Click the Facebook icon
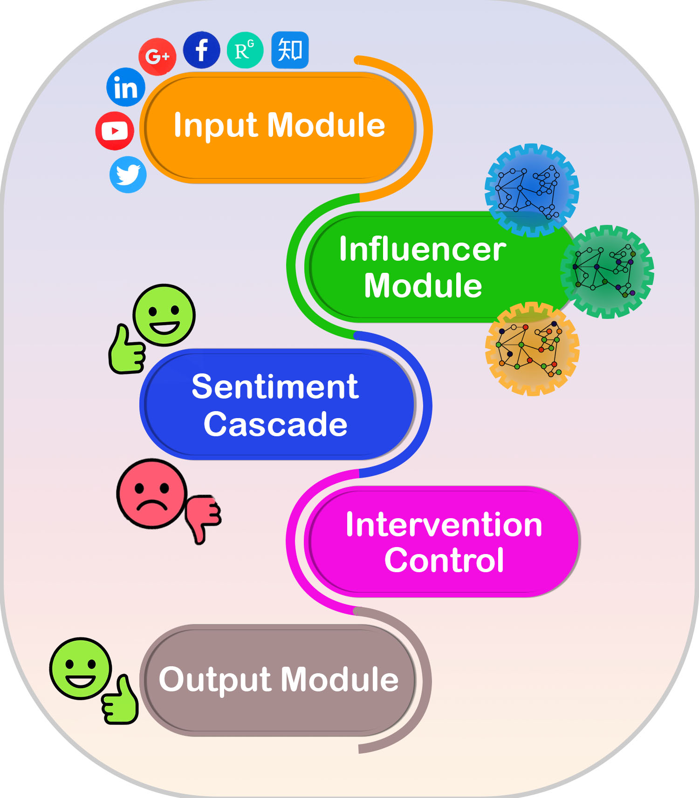tap(201, 50)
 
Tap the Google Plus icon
tap(158, 57)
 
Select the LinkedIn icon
tap(126, 87)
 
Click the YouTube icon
tap(115, 131)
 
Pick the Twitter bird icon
tap(128, 175)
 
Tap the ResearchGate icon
tap(245, 50)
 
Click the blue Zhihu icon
tap(290, 50)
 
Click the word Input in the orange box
tap(215, 126)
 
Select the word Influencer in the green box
tap(422, 249)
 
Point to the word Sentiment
tap(275, 386)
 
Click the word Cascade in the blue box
tap(275, 424)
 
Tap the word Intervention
tap(444, 525)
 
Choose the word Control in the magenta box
tap(444, 560)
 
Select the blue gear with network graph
tap(532, 190)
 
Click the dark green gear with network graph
tap(607, 272)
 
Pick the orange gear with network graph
tap(532, 349)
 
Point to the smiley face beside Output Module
tap(81, 669)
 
